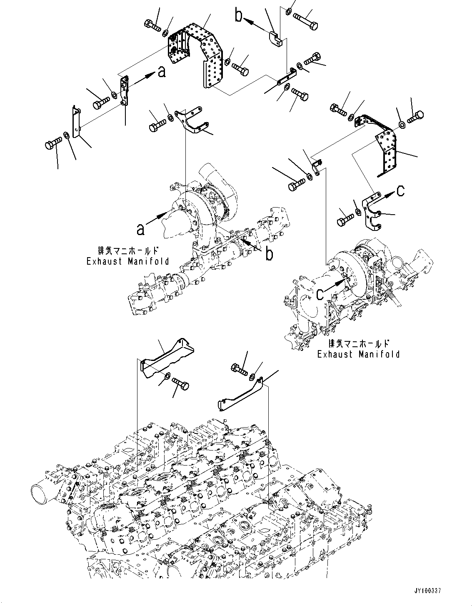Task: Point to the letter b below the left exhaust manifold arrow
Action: click(270, 253)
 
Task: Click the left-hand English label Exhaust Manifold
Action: click(128, 261)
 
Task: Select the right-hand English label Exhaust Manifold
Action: click(358, 354)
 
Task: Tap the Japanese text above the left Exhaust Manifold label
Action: click(128, 251)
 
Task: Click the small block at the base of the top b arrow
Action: click(275, 38)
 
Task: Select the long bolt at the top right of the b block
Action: click(306, 18)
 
